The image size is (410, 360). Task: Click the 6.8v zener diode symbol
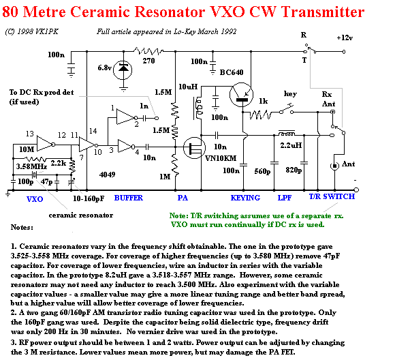click(123, 70)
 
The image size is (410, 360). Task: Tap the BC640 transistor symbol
click(241, 95)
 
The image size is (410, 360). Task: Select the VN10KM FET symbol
click(194, 148)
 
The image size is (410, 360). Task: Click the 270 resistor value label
click(148, 61)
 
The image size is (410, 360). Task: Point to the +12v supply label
click(345, 38)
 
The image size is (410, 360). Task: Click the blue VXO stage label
click(35, 199)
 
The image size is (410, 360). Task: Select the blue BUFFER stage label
click(129, 198)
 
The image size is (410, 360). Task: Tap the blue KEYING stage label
click(245, 198)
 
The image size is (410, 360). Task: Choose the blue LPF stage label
click(285, 198)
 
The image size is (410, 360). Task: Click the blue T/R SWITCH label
click(332, 196)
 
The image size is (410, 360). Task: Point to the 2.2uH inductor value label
click(291, 145)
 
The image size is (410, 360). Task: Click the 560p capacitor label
click(262, 172)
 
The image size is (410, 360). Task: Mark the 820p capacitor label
click(294, 170)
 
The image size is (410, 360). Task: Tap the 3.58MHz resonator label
click(31, 166)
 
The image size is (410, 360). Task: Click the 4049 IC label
click(107, 175)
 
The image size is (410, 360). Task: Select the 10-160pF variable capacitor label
click(89, 198)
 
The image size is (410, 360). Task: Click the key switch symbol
click(287, 110)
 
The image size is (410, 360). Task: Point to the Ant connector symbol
click(334, 166)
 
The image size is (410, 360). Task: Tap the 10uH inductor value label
click(188, 87)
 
